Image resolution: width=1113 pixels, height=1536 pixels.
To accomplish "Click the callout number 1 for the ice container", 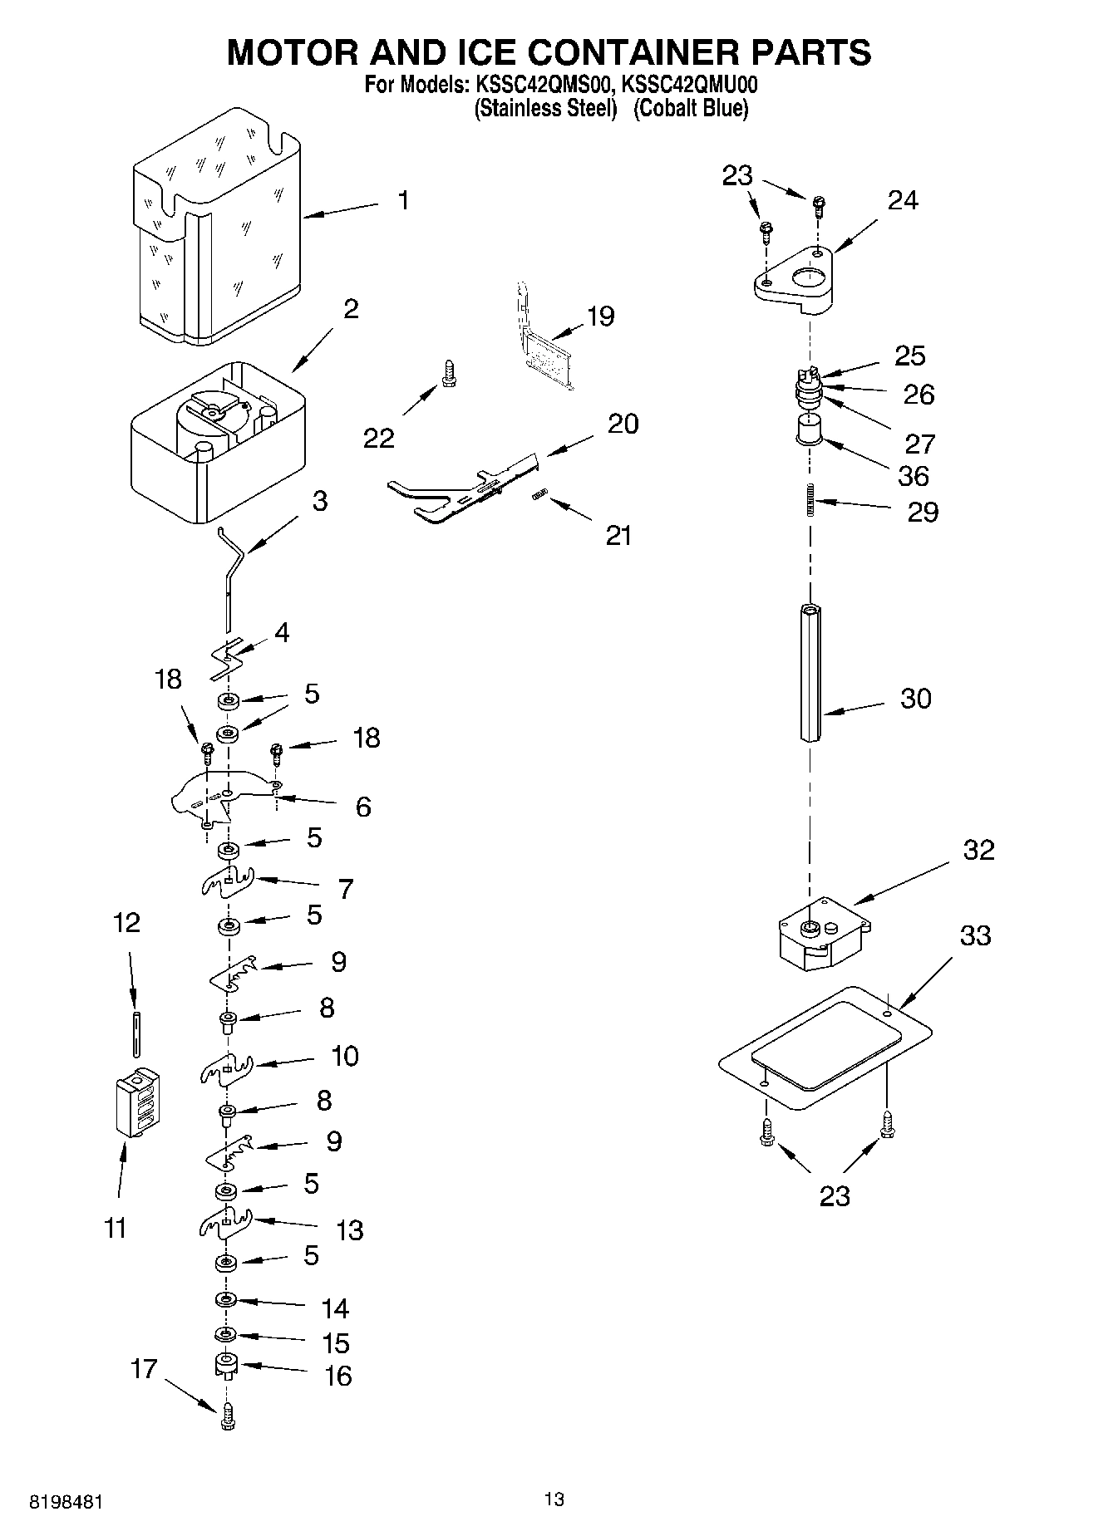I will tap(403, 200).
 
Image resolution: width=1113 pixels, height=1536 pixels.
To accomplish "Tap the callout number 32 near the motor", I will tap(978, 850).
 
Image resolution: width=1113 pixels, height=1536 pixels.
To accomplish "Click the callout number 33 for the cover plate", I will tap(976, 935).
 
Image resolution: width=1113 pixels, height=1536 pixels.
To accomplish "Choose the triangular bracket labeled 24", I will tap(796, 281).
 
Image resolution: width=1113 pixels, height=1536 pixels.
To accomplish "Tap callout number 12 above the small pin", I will tap(126, 922).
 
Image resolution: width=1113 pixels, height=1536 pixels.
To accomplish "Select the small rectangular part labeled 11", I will tap(137, 1102).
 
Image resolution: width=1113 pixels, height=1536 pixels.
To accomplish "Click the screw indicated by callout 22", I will tap(449, 373).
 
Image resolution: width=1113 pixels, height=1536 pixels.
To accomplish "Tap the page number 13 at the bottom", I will tap(554, 1499).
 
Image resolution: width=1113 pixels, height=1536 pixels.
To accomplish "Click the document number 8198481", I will tap(66, 1502).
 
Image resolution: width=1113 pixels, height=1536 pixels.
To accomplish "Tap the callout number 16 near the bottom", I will tap(337, 1376).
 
